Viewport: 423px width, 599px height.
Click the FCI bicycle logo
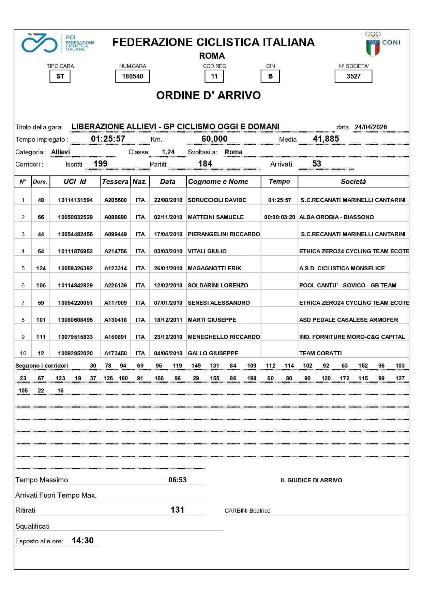click(x=39, y=43)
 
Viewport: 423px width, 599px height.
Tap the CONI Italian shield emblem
click(x=373, y=48)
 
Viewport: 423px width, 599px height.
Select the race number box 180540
click(x=132, y=76)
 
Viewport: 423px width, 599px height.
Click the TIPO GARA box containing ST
click(x=60, y=76)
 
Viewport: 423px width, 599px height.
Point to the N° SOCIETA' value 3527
click(x=353, y=76)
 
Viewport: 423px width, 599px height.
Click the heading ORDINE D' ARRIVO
click(x=208, y=95)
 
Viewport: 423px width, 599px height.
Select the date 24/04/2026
click(x=371, y=127)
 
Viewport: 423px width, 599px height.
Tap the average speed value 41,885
click(x=326, y=139)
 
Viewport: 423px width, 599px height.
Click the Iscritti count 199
click(x=101, y=164)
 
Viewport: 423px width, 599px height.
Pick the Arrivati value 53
click(x=317, y=164)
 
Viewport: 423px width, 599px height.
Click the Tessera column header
click(x=115, y=182)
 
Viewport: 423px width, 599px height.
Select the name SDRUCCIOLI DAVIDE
click(x=217, y=200)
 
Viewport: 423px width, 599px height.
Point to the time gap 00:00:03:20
click(x=280, y=217)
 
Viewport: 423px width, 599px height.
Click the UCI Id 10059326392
click(x=75, y=268)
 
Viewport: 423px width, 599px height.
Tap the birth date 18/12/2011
click(x=168, y=320)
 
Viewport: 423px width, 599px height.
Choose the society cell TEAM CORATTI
click(x=320, y=353)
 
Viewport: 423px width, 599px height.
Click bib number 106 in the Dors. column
click(x=41, y=285)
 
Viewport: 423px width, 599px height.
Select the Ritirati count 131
click(x=177, y=510)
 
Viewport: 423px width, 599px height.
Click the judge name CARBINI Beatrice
click(x=247, y=511)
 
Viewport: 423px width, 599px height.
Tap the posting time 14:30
click(x=82, y=541)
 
